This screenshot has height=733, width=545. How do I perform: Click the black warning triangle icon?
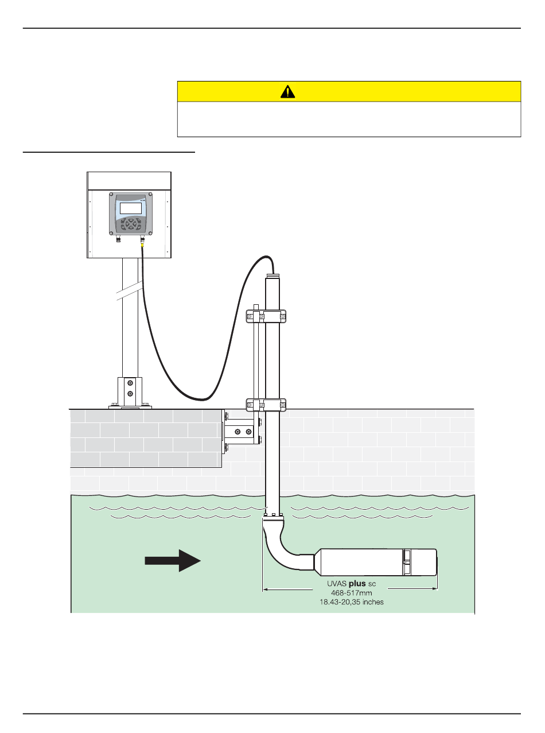pyautogui.click(x=287, y=91)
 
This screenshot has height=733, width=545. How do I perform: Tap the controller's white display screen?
pyautogui.click(x=130, y=208)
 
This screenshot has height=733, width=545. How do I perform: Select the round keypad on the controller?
pyautogui.click(x=131, y=223)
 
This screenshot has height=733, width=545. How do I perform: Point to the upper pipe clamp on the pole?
pyautogui.click(x=266, y=316)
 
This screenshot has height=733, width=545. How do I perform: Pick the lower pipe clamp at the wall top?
pyautogui.click(x=266, y=405)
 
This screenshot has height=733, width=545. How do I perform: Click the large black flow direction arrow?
pyautogui.click(x=173, y=560)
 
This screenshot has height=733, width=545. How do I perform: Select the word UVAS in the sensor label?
pyautogui.click(x=337, y=584)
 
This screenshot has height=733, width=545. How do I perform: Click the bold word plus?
pyautogui.click(x=357, y=584)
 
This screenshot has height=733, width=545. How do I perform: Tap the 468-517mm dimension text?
pyautogui.click(x=352, y=593)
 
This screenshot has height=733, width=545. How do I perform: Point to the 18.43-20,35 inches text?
pyautogui.click(x=352, y=602)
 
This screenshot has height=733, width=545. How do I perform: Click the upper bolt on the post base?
pyautogui.click(x=130, y=383)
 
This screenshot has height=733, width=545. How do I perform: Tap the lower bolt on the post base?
pyautogui.click(x=130, y=394)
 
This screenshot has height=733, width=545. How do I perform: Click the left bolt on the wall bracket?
pyautogui.click(x=237, y=432)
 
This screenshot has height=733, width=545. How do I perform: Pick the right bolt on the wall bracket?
pyautogui.click(x=248, y=432)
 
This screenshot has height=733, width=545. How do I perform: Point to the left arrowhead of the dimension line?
pyautogui.click(x=265, y=589)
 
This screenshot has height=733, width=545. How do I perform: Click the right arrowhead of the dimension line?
pyautogui.click(x=435, y=589)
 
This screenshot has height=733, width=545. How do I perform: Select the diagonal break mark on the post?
pyautogui.click(x=130, y=290)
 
